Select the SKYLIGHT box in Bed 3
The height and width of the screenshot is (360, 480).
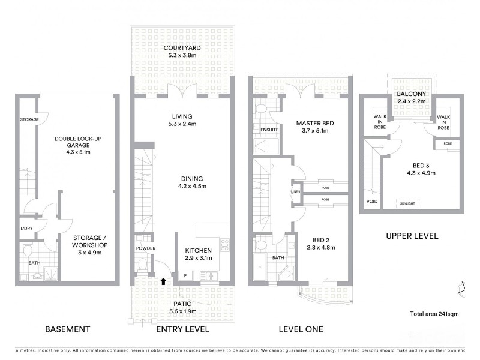407,203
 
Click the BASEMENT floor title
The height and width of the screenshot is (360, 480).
67,329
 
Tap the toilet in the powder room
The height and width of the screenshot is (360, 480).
143,263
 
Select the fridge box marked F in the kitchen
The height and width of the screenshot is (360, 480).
185,275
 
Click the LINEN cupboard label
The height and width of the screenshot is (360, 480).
295,192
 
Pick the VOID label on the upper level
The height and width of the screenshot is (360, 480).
372,202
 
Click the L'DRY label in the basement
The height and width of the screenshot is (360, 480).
26,228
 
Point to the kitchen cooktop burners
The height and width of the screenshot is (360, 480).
224,245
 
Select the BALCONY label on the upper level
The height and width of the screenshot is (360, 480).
411,94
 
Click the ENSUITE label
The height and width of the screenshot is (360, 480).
269,129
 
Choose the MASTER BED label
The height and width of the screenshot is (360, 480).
314,124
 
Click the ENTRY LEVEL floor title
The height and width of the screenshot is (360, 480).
182,329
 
